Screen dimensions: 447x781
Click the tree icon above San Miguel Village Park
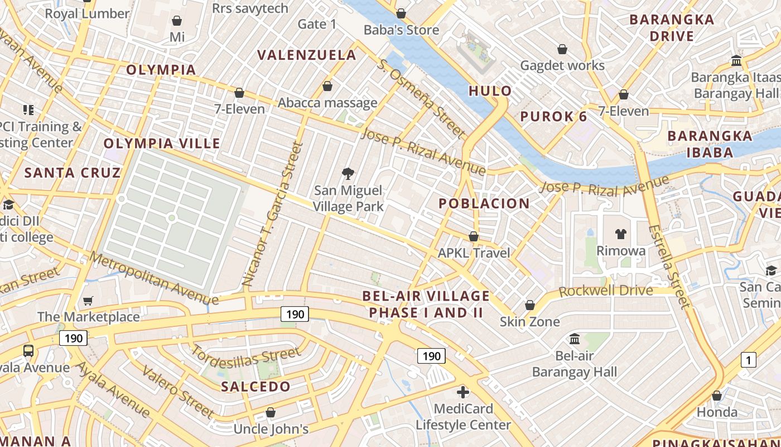(x=348, y=173)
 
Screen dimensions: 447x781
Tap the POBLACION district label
(x=484, y=203)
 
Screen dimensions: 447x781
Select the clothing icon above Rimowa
(x=620, y=234)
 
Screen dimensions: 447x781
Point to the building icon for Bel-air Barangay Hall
(x=575, y=339)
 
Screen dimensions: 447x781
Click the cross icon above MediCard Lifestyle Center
(x=462, y=392)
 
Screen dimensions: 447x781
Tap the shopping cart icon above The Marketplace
(x=88, y=301)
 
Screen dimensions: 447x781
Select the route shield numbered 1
(x=748, y=360)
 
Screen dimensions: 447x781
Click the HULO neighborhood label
(x=490, y=91)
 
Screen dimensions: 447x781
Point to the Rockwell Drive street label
(x=605, y=291)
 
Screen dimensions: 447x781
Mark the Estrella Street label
(x=669, y=265)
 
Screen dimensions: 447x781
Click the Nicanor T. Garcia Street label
(x=272, y=215)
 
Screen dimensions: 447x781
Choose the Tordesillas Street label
(x=245, y=358)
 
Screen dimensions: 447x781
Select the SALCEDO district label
(x=255, y=387)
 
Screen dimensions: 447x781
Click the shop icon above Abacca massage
(x=327, y=86)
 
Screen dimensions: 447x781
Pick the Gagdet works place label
(x=562, y=65)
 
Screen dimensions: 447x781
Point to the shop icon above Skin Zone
(x=529, y=305)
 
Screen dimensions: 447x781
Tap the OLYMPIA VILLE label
(x=162, y=144)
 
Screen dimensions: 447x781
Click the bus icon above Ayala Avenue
(x=28, y=351)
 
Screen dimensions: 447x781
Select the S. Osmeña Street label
(x=421, y=97)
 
